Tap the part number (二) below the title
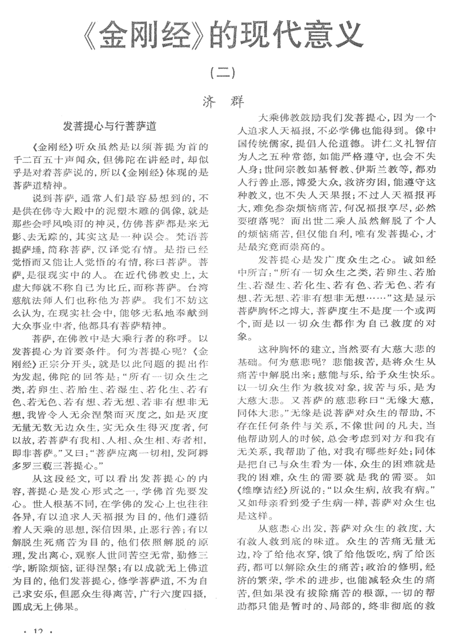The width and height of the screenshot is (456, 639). click(x=223, y=73)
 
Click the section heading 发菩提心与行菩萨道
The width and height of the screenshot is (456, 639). click(x=110, y=127)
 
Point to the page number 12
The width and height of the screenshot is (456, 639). click(x=39, y=632)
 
